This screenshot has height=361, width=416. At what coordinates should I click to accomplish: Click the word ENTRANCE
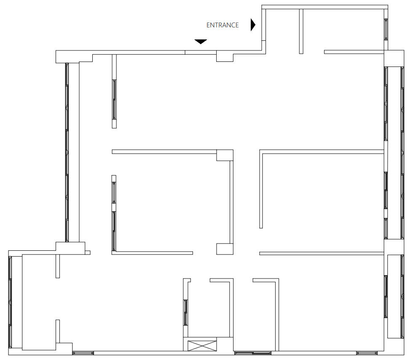[222, 25]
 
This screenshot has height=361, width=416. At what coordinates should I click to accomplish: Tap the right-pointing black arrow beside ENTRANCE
[253, 25]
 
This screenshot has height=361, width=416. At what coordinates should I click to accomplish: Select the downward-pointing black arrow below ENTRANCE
[201, 42]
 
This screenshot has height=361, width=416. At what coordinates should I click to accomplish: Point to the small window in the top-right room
[386, 29]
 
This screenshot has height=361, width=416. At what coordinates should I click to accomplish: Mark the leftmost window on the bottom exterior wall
[83, 353]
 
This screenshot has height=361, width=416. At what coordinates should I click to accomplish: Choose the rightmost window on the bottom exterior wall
[367, 353]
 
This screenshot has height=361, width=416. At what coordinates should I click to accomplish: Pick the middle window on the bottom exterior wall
[253, 353]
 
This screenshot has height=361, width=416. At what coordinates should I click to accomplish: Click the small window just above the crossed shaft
[186, 313]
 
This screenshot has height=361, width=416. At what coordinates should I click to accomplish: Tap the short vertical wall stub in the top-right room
[301, 31]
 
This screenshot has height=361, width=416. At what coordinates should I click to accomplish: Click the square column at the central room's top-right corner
[225, 155]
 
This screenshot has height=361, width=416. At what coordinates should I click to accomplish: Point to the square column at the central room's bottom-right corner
[225, 249]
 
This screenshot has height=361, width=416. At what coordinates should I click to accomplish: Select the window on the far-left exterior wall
[10, 302]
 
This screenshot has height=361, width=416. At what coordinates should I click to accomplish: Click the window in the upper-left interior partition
[114, 99]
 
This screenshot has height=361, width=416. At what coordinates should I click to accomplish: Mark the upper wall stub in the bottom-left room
[58, 266]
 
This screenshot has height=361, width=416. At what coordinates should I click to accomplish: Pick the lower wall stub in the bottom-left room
[58, 331]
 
